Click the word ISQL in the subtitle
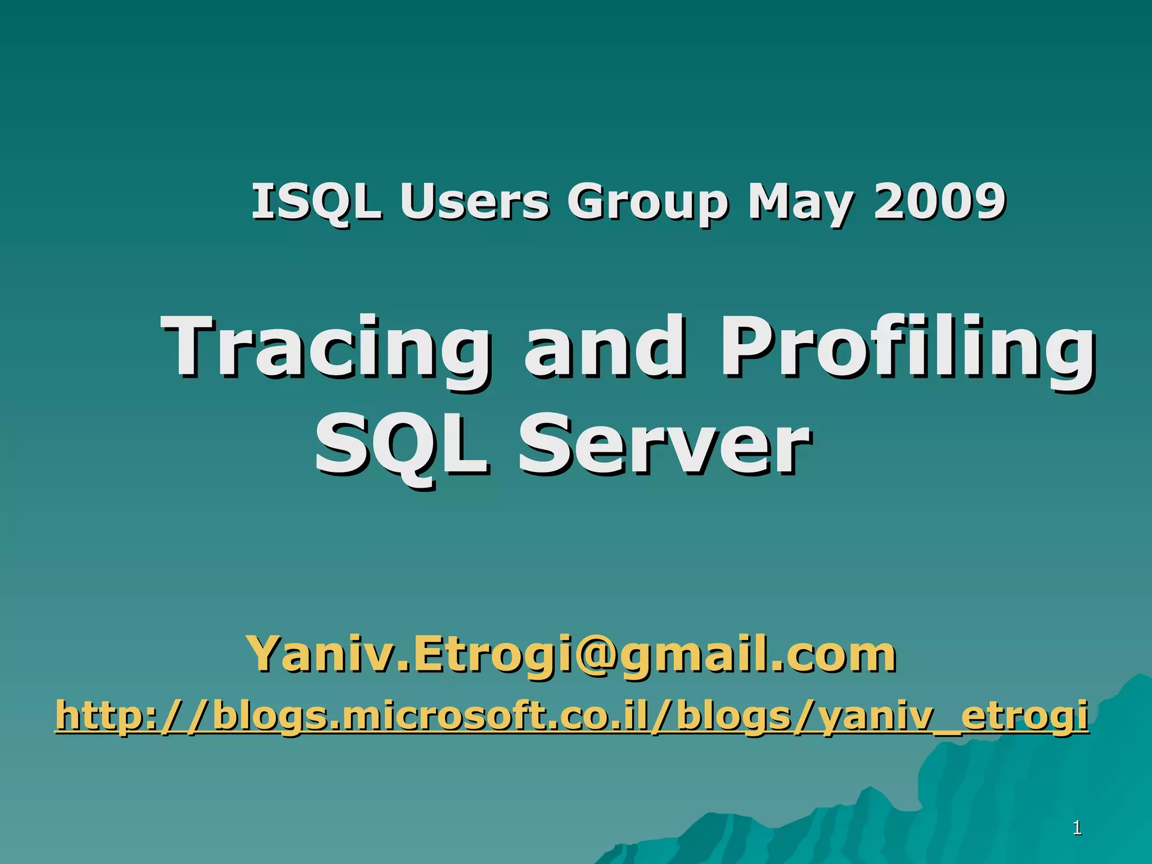pyautogui.click(x=316, y=202)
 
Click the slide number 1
pyautogui.click(x=1077, y=828)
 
